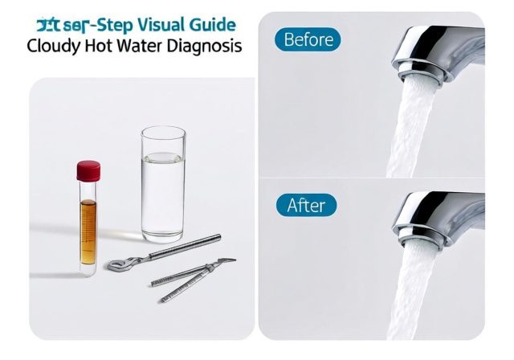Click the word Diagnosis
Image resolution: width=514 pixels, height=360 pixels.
point(206,46)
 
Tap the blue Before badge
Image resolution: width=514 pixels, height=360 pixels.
point(308,39)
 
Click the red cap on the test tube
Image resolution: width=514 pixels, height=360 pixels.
point(88,170)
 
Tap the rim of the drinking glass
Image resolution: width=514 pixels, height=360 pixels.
point(163,131)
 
